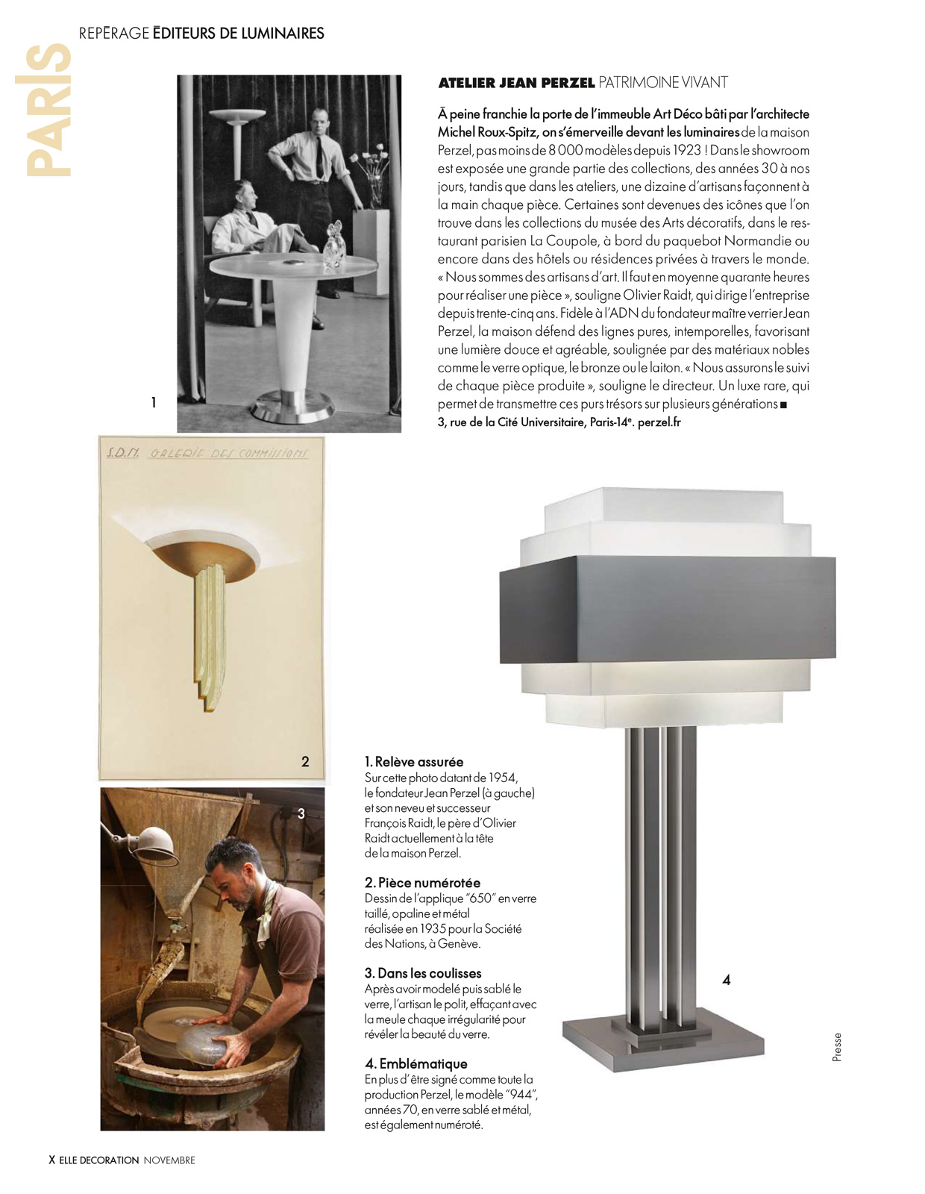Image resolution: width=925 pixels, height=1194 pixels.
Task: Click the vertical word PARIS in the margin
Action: [x=49, y=110]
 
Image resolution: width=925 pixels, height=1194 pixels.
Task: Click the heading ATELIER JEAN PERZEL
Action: [x=516, y=83]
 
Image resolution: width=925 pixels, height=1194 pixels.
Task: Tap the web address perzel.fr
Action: [x=659, y=422]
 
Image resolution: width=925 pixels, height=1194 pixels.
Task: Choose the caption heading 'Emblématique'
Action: [x=424, y=1064]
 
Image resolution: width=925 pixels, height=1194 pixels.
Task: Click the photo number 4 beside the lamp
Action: [x=727, y=980]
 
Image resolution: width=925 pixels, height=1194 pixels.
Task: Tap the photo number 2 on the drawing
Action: [x=305, y=762]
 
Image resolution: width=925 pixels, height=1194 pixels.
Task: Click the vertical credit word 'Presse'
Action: [x=837, y=1047]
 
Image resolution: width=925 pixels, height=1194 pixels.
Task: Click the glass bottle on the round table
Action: [x=333, y=247]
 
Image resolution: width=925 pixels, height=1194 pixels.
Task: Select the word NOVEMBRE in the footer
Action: [x=169, y=1160]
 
